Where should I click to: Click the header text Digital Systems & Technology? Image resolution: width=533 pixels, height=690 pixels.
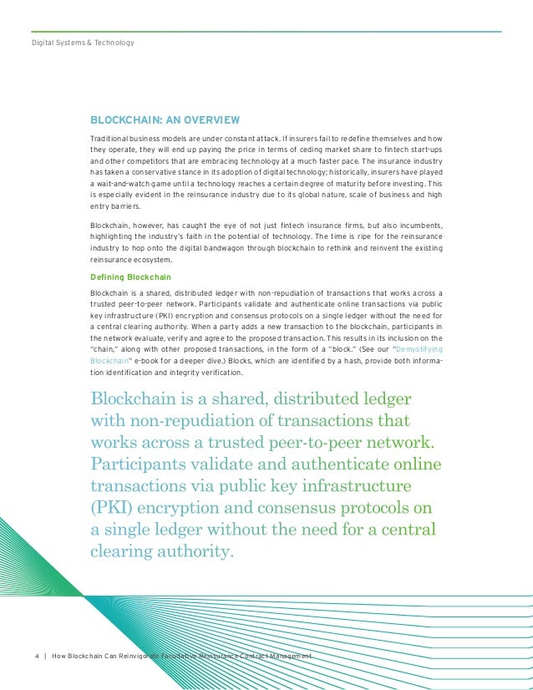pyautogui.click(x=83, y=42)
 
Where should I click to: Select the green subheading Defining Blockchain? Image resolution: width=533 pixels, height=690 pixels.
pyautogui.click(x=126, y=277)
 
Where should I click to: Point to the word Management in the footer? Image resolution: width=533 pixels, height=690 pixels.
pyautogui.click(x=288, y=656)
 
